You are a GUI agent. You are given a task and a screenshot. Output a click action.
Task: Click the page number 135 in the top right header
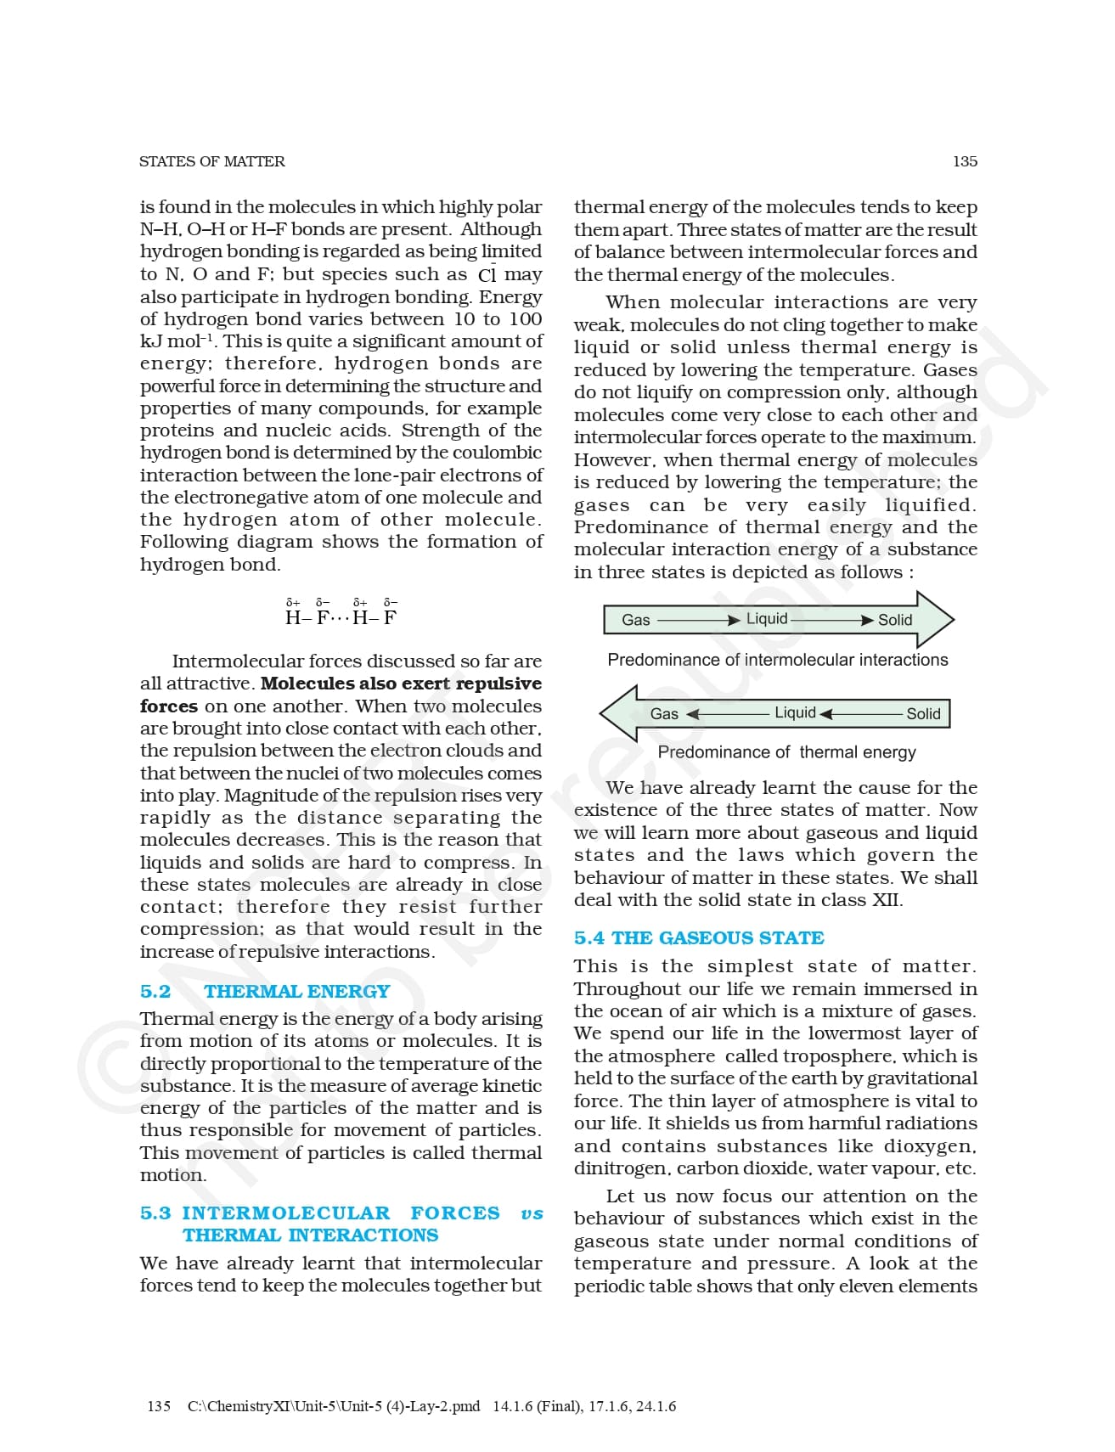[965, 161]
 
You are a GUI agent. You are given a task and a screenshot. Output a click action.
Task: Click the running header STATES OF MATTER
[211, 161]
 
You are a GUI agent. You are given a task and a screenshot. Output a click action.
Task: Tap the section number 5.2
[155, 991]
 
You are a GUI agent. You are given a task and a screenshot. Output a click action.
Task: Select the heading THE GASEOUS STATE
[718, 937]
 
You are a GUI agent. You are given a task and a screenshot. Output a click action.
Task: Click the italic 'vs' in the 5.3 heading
[532, 1213]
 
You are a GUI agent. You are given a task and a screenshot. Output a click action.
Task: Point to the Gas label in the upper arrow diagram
[635, 620]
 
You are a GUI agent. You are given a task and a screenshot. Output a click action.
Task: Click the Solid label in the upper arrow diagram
[895, 620]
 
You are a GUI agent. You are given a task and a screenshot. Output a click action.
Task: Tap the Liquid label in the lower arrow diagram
[795, 712]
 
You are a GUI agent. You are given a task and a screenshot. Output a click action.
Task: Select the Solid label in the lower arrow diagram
[923, 713]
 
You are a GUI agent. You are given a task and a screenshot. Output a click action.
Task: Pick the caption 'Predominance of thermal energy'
[786, 752]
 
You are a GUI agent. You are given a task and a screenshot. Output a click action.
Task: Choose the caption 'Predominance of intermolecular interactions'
[778, 660]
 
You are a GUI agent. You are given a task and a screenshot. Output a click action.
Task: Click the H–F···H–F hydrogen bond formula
[341, 617]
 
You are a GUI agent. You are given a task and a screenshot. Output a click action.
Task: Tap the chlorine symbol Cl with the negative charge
[487, 274]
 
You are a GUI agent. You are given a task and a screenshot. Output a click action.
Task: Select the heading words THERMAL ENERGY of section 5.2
[296, 991]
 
